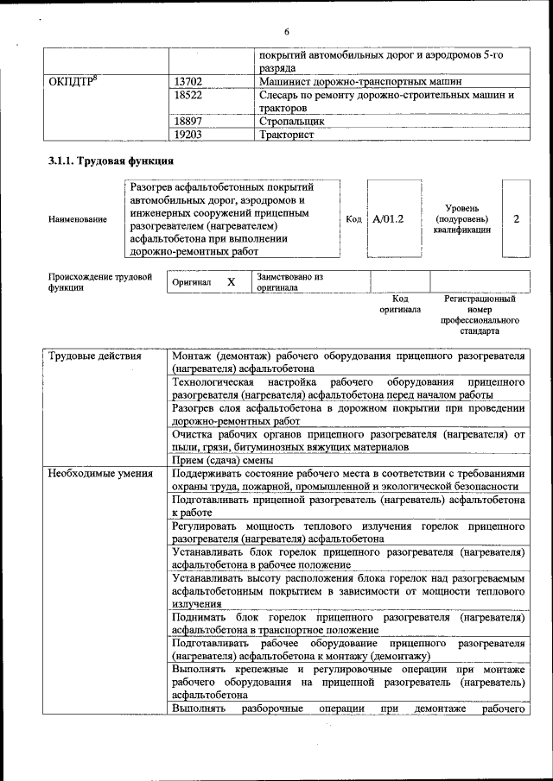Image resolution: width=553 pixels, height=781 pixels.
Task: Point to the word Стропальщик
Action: click(x=291, y=123)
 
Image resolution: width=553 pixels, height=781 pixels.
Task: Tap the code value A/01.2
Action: click(x=388, y=219)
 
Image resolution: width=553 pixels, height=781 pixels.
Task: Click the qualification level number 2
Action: click(x=516, y=218)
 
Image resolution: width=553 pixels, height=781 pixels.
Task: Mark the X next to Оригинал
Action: click(x=231, y=282)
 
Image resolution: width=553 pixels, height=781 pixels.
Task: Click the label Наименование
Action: click(x=78, y=219)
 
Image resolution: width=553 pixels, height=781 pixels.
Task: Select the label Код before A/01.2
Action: click(x=353, y=219)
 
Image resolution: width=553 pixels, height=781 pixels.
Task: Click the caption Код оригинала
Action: click(x=399, y=304)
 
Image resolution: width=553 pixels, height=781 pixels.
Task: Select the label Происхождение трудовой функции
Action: click(x=100, y=282)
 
